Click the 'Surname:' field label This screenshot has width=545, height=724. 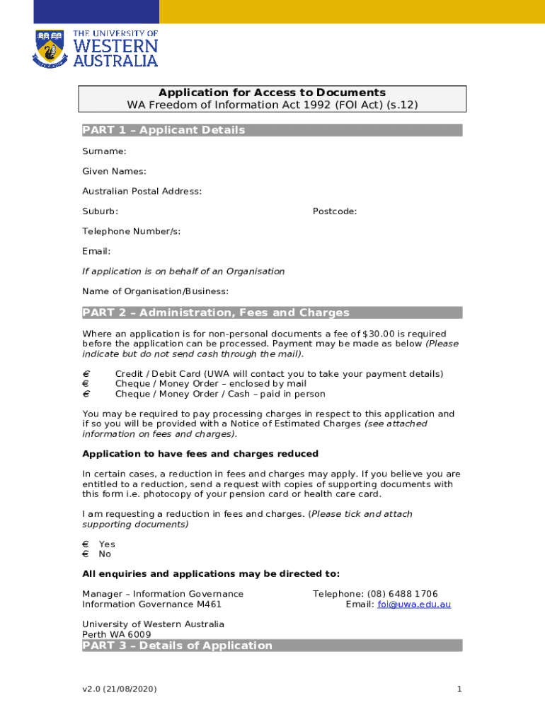(x=104, y=151)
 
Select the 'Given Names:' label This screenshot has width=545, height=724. (x=114, y=171)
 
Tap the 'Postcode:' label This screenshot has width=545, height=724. (x=335, y=211)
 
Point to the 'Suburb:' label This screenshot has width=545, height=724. (x=100, y=211)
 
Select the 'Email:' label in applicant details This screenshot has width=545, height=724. (x=96, y=251)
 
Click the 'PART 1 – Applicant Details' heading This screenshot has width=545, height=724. (x=163, y=130)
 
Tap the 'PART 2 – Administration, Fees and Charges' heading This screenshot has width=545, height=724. (x=216, y=313)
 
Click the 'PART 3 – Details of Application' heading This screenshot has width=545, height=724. (x=177, y=646)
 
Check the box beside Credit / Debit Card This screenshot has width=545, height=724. (x=86, y=374)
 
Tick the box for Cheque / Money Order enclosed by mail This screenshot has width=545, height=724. (x=86, y=384)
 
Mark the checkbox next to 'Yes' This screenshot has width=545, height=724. (x=86, y=544)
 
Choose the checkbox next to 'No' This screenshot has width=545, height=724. (x=86, y=554)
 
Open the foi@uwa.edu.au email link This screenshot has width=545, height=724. (x=414, y=605)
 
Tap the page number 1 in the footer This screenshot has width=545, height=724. (x=459, y=689)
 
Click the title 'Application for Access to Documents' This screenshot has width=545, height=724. (x=272, y=93)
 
